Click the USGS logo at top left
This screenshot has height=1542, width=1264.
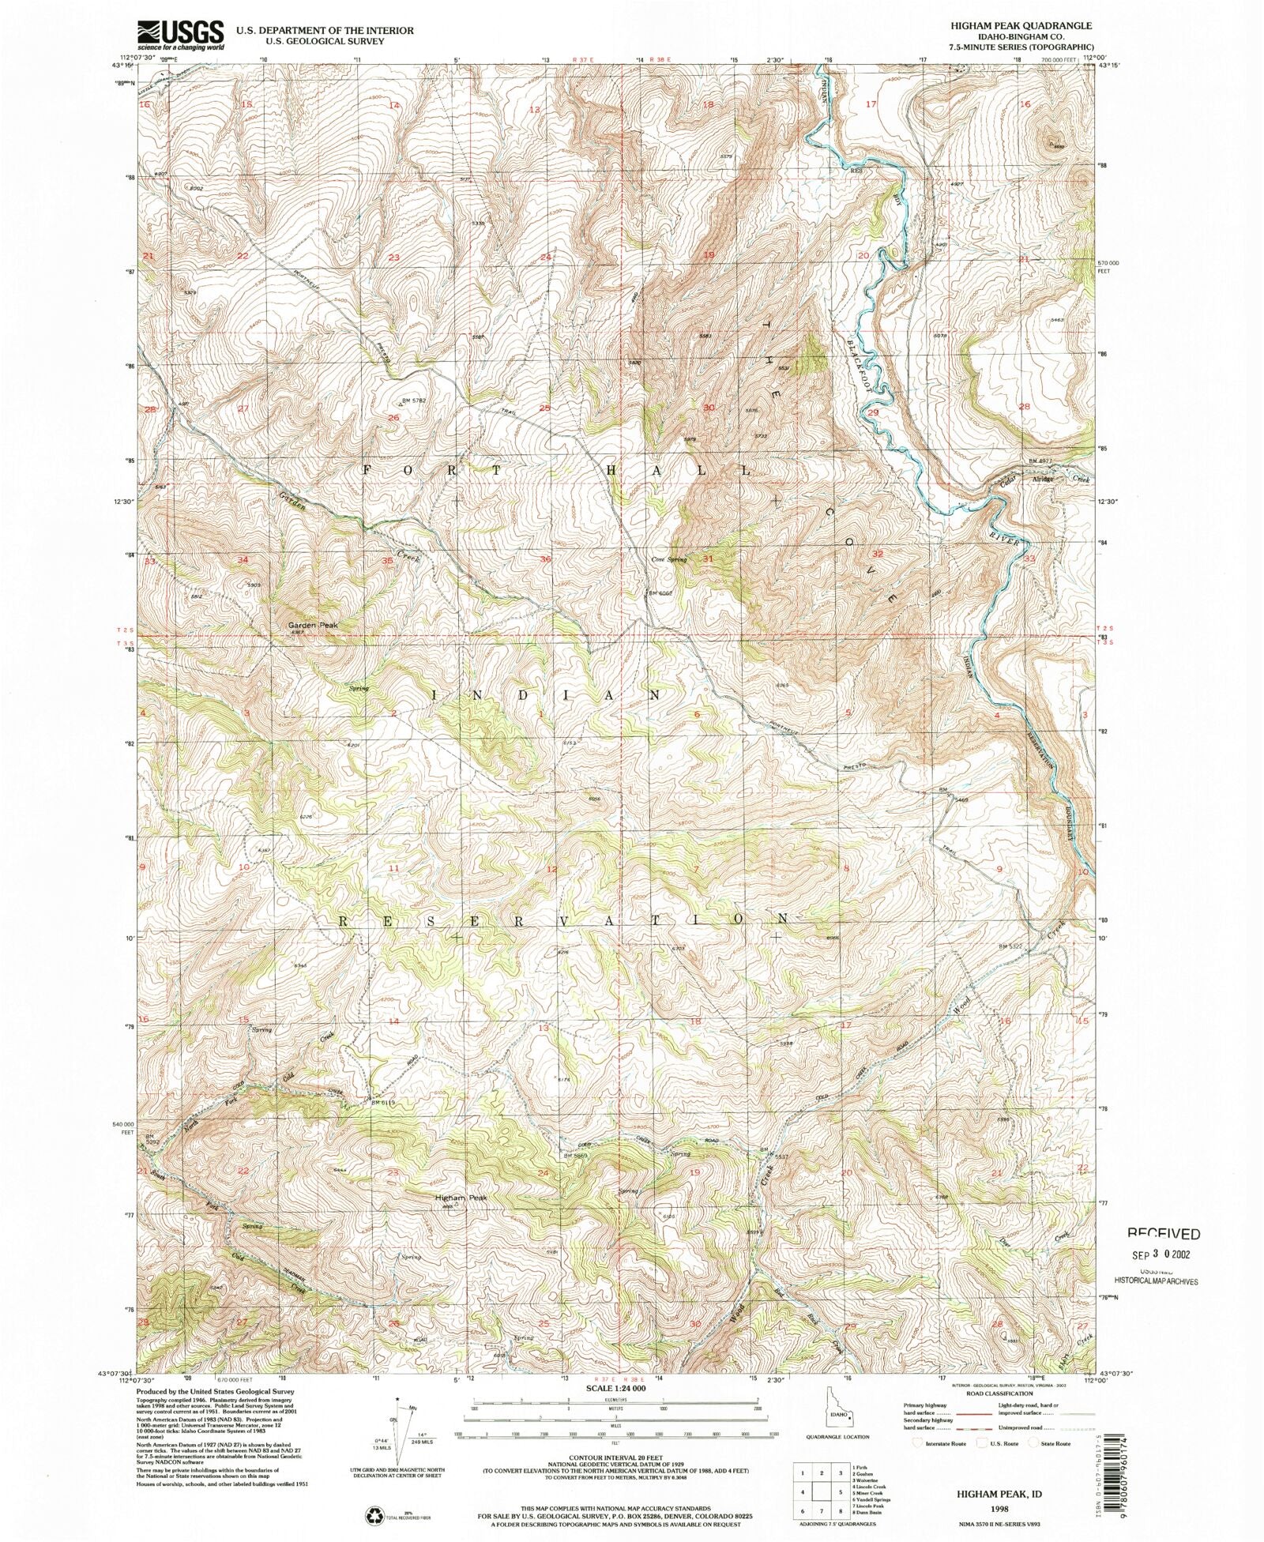[180, 34]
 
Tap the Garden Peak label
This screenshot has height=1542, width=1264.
[313, 625]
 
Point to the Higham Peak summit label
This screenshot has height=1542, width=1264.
[461, 1198]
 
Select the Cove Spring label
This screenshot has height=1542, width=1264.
[668, 559]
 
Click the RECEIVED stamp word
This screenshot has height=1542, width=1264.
[1163, 1234]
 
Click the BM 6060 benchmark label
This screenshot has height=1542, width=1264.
[660, 592]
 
